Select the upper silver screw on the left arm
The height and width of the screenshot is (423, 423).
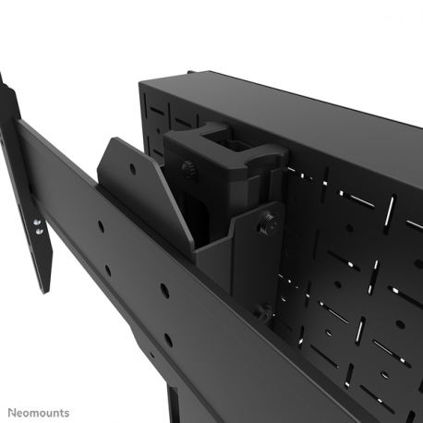coord(38,222)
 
